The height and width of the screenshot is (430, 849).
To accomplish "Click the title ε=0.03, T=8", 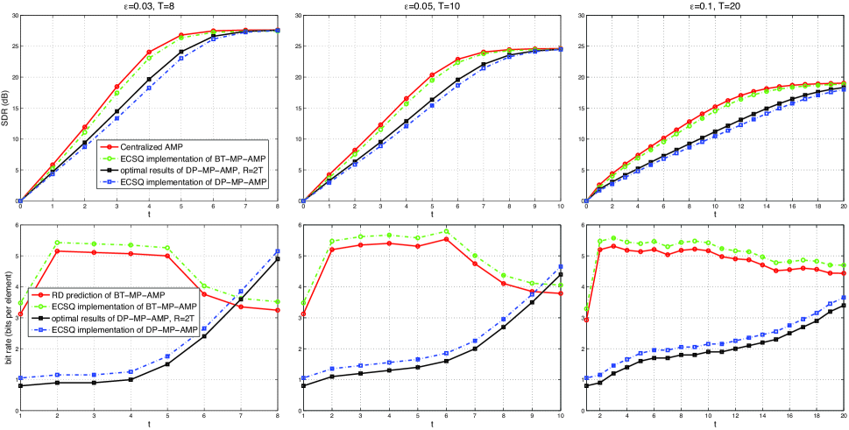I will [149, 6].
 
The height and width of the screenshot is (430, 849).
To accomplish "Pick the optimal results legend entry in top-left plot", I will [185, 169].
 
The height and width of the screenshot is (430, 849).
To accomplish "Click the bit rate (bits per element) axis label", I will [5, 318].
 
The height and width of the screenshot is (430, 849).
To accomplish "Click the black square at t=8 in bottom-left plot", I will [278, 259].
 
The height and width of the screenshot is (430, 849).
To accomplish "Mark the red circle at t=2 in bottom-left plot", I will [58, 251].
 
